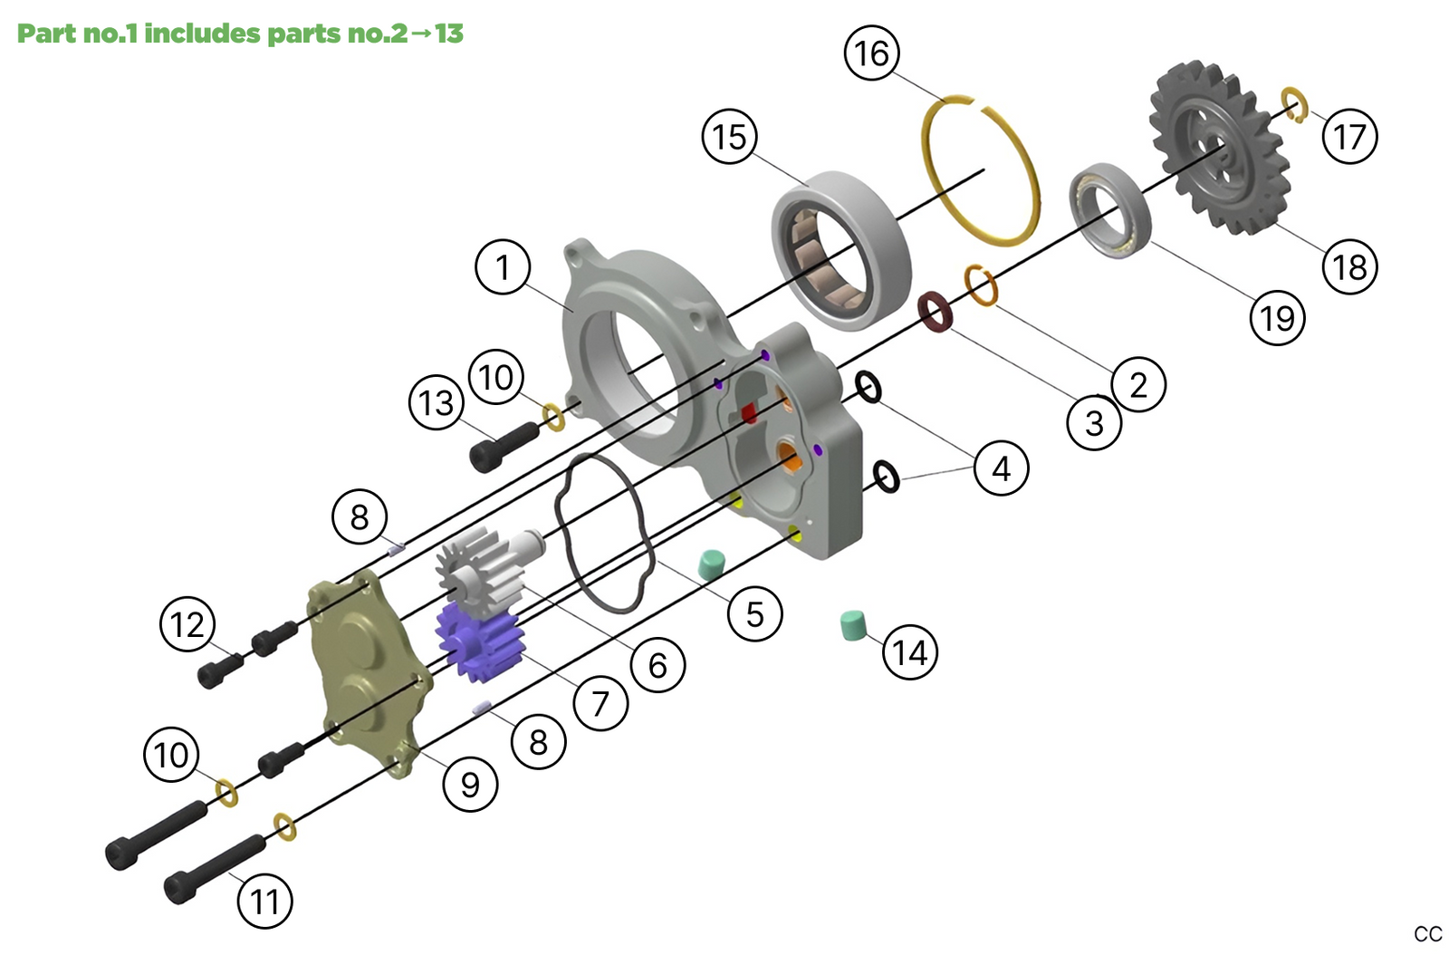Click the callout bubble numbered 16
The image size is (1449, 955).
point(872,53)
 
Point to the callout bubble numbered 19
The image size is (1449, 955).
point(1277,318)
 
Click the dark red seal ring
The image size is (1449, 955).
point(936,312)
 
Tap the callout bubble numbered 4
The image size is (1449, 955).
point(1001,468)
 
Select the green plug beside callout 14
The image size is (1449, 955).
point(853,625)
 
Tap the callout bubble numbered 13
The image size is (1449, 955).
point(437,402)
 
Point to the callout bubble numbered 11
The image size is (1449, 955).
point(264,902)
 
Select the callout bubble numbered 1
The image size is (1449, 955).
point(503,267)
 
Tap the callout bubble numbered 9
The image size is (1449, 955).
point(470,784)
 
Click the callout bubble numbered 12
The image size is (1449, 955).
point(187,624)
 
